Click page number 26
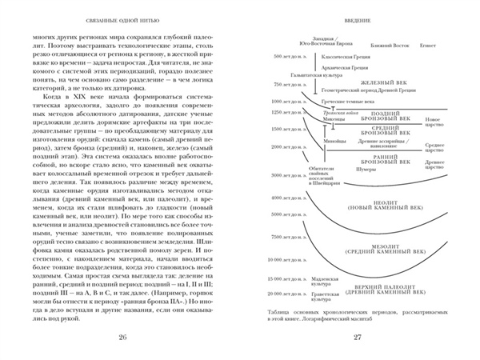click(x=122, y=336)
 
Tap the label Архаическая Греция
click(x=325, y=70)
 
